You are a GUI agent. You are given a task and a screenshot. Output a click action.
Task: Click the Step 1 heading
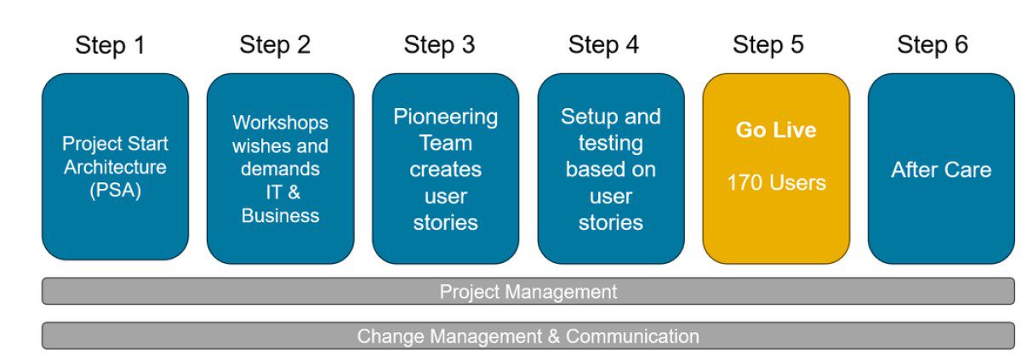click(x=110, y=44)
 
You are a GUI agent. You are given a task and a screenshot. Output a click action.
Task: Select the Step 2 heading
click(x=275, y=44)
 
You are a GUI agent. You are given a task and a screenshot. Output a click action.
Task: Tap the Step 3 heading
click(x=439, y=44)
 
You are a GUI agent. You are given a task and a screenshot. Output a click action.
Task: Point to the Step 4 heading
click(x=603, y=44)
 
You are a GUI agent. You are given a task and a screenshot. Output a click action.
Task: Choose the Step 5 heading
click(x=768, y=44)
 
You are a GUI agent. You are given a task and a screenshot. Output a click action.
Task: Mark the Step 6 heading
click(x=933, y=44)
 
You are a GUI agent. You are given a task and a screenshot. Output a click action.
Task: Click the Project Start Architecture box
click(x=115, y=221)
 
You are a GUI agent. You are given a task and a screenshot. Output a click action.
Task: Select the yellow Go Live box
click(x=776, y=221)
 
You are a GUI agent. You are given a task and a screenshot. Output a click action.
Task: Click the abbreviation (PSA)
click(x=115, y=190)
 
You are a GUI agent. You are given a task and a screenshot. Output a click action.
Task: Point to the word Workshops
click(x=280, y=123)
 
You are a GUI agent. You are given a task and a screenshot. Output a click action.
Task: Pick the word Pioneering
click(x=445, y=116)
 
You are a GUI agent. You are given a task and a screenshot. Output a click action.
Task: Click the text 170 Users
click(x=776, y=182)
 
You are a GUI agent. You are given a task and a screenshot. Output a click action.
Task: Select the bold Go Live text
click(x=776, y=130)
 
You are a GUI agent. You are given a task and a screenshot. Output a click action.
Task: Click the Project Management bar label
click(x=528, y=292)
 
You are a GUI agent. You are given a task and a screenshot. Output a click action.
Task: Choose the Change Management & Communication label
click(x=528, y=336)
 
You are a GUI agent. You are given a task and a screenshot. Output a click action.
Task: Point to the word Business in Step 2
click(x=280, y=215)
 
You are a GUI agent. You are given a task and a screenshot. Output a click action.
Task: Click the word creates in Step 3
click(x=445, y=169)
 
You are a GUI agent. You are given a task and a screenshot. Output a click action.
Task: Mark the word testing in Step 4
click(x=610, y=143)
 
